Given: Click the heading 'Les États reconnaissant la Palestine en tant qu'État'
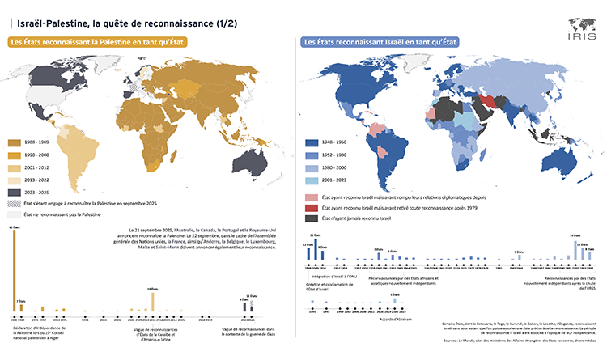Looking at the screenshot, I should click(x=98, y=42).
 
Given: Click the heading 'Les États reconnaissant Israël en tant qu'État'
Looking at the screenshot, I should click(x=378, y=42).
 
